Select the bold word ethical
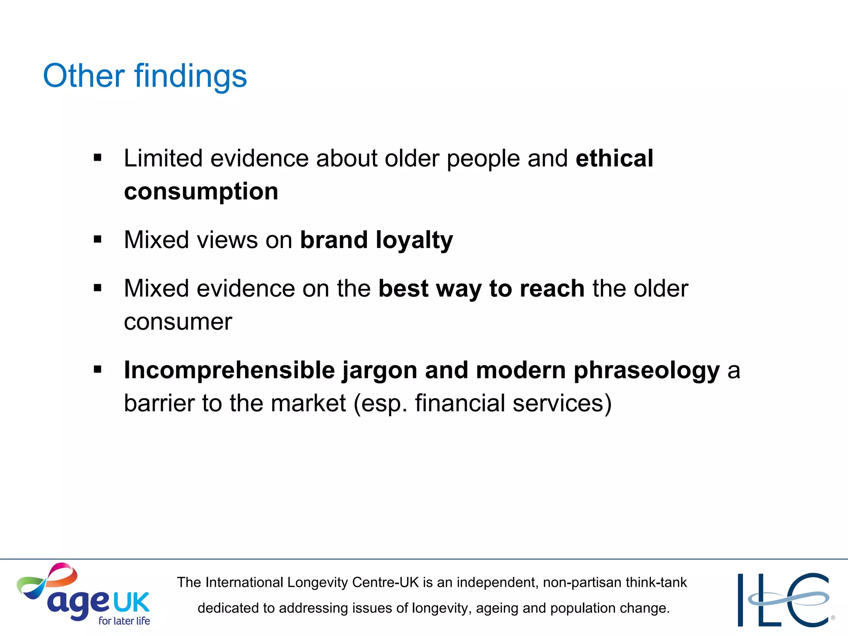click(614, 158)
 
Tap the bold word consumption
click(201, 192)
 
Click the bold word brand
click(334, 240)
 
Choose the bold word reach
click(552, 289)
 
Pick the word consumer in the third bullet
click(178, 322)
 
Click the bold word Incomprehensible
click(229, 370)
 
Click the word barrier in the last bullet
click(159, 403)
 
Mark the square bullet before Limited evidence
click(98, 158)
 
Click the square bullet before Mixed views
click(98, 239)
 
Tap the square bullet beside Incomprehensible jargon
click(98, 369)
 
